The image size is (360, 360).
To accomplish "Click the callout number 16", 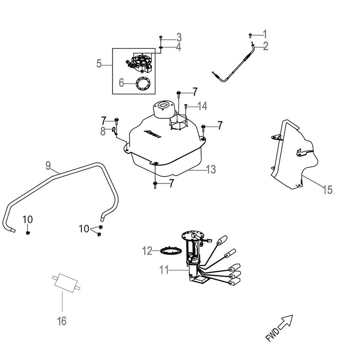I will click(62, 321).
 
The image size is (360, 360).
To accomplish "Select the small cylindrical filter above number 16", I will click(66, 282).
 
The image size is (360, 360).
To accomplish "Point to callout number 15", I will click(327, 190).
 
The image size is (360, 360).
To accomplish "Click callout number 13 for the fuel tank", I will click(211, 169).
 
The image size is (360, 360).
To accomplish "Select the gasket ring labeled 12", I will click(171, 251).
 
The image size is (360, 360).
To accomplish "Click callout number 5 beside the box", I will click(99, 64).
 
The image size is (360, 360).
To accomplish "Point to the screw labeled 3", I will click(161, 37).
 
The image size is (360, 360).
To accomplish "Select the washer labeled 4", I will click(161, 47).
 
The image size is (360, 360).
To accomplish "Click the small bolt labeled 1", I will click(250, 35).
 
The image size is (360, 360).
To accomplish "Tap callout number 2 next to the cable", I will click(265, 46).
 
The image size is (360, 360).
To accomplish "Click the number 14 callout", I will click(202, 105).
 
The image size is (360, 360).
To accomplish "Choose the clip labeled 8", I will click(115, 131).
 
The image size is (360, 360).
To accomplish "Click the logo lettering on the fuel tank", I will click(152, 134).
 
